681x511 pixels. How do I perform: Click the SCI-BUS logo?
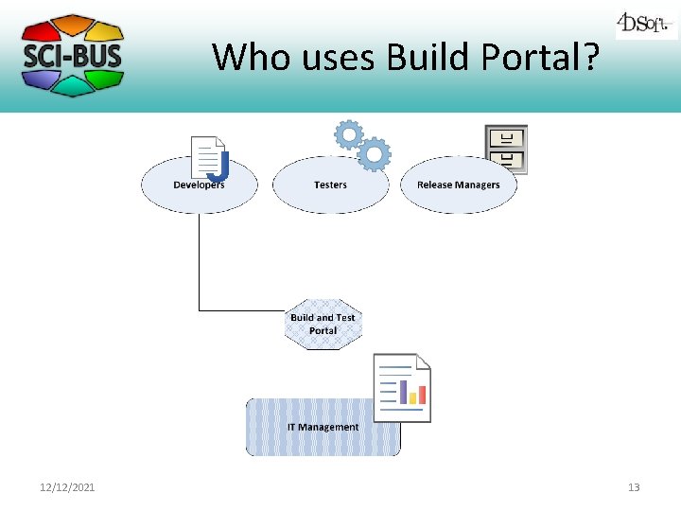click(72, 55)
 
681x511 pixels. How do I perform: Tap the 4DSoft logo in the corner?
click(646, 24)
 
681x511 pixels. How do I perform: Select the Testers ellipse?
click(330, 185)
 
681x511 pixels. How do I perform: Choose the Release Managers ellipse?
click(459, 185)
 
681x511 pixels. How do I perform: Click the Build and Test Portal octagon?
click(323, 325)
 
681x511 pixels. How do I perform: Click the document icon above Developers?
click(209, 158)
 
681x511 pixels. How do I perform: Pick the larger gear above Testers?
click(375, 153)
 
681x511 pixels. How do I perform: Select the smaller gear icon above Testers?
click(348, 135)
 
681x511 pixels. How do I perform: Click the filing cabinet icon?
click(505, 150)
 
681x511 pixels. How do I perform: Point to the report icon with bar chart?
click(402, 387)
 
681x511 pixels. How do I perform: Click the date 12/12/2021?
click(67, 487)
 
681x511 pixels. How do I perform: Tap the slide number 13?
click(634, 487)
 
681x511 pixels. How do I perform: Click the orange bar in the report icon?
click(422, 395)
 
